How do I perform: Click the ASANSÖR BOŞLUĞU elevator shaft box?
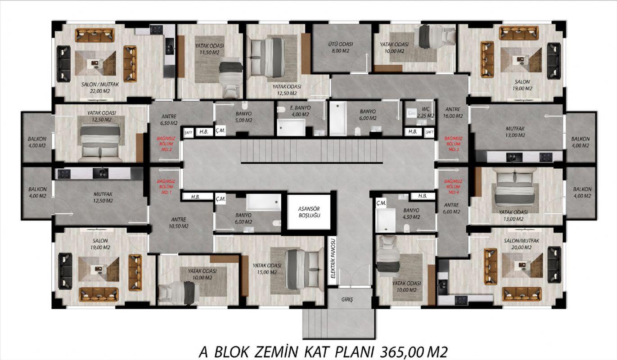309,212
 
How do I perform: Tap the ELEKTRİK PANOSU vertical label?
333,258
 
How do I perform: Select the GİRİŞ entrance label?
347,299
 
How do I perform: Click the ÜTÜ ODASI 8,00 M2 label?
340,47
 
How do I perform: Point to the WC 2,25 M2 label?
426,112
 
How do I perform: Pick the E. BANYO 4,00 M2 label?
300,111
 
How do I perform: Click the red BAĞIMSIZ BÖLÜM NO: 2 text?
167,144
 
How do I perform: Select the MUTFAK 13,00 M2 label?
515,132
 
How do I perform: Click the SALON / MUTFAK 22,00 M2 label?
100,88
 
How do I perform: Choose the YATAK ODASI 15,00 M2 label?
267,269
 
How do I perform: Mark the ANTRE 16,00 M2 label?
453,112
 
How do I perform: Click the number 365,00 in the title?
401,352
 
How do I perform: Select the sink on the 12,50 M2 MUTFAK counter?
100,174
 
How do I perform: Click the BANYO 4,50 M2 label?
411,214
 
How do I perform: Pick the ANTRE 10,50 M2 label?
179,223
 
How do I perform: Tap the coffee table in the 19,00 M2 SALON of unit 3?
521,60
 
